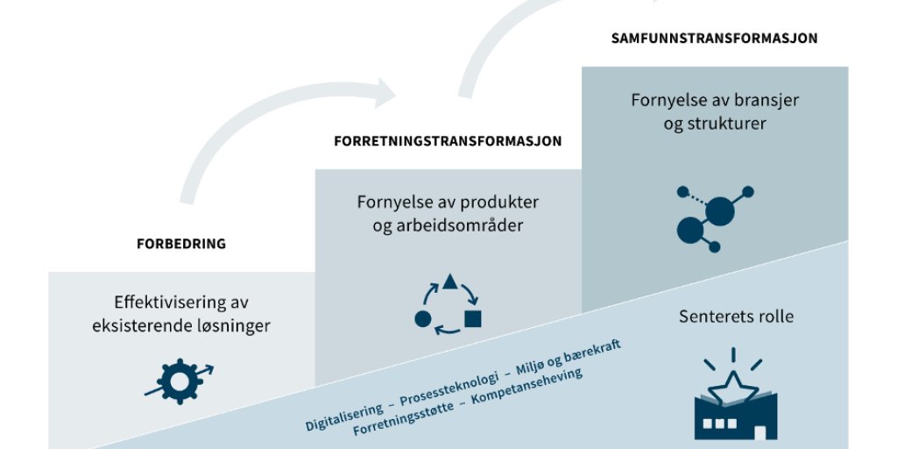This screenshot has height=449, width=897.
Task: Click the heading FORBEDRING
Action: point(181,244)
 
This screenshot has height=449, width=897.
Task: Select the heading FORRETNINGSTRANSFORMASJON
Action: point(448,140)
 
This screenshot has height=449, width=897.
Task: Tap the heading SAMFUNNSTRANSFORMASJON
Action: point(714,39)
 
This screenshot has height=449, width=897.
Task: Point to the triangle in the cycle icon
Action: point(450,282)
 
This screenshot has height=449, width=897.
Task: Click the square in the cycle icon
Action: point(473,318)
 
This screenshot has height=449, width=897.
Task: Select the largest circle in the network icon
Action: point(719,211)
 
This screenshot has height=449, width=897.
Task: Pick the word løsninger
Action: point(229,326)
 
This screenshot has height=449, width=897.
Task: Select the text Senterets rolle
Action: point(736,316)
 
